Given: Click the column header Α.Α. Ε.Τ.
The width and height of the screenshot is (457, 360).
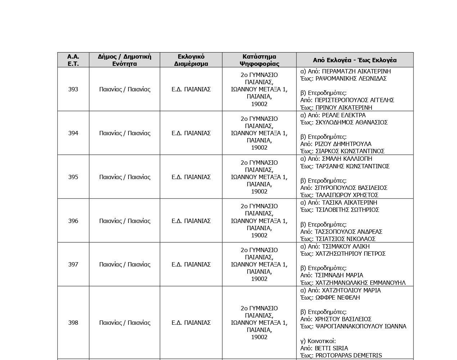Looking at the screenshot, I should [73, 60].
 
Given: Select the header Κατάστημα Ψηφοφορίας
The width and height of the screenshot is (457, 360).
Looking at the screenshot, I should [259, 60].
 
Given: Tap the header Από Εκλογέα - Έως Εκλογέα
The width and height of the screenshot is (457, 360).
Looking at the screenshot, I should [354, 60].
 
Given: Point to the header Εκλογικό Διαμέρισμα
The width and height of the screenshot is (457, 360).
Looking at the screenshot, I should [191, 60].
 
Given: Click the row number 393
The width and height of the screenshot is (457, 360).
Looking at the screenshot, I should [73, 89].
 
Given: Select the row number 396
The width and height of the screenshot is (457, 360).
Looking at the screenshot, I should [73, 221].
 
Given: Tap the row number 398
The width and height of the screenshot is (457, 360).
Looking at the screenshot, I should [73, 323].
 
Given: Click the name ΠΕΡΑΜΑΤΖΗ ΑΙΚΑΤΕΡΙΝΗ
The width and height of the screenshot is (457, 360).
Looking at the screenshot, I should [356, 71].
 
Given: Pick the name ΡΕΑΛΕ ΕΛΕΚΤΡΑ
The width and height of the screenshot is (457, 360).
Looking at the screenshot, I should [344, 115].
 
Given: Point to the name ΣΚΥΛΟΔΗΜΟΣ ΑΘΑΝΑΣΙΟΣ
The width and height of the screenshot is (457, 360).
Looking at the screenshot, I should [351, 122].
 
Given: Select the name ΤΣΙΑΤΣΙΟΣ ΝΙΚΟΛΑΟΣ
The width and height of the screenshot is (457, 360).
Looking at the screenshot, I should [345, 239].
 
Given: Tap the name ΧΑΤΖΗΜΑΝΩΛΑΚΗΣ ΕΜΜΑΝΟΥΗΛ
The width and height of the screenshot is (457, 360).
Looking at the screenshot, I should [360, 283].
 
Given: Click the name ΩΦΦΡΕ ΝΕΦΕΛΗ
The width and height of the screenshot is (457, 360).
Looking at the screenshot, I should [338, 297].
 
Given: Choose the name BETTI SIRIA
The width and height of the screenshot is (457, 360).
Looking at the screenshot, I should [331, 348].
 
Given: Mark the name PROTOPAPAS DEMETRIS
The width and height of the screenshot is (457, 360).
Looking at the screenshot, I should [348, 355].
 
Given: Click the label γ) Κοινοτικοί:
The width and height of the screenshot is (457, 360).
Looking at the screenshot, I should [318, 341].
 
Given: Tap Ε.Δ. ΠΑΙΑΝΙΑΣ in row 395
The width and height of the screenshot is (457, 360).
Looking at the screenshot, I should [191, 177].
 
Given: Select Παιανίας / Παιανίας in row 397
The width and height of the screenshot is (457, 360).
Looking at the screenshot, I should [125, 264].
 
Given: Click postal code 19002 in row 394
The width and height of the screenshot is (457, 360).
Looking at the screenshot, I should [259, 147].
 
